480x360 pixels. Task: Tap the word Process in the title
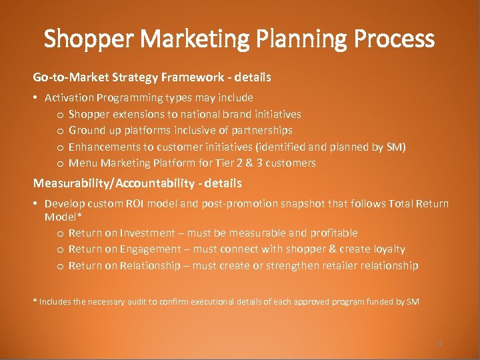[395, 39]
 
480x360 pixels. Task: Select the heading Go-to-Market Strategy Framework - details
[152, 77]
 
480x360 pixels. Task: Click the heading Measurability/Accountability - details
[137, 183]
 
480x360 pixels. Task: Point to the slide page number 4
[439, 343]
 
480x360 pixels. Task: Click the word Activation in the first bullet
[69, 97]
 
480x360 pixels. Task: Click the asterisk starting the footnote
[35, 301]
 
